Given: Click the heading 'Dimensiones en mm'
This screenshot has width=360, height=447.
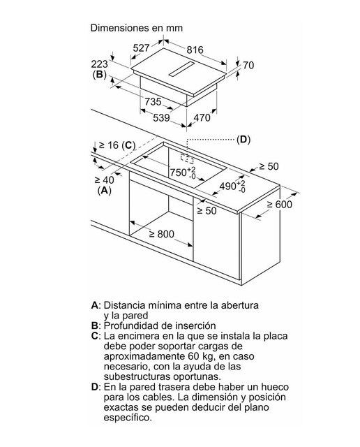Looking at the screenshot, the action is coord(137,28).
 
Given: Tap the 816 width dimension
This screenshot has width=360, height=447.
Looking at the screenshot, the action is coord(195,50).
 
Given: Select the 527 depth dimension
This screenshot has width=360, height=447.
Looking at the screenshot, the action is coord(141,48).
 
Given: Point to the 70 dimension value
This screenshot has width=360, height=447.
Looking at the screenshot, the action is coord(248,65).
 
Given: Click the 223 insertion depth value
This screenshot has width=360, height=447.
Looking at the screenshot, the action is coord(100,64).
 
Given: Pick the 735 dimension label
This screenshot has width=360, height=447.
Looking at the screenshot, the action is coord(153,101).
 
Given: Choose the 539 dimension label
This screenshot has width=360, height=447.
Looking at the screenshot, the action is coord(161,118).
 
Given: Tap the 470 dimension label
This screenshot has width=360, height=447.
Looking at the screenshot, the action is coord(202,117).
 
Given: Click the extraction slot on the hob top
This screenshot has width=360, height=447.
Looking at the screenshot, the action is coord(181,69).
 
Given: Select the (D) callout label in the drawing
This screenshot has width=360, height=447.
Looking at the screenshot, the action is coord(243,140).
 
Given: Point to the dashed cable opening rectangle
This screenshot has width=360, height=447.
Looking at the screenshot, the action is coord(187,159).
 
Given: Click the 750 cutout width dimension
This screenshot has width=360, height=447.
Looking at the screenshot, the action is coord(183,173).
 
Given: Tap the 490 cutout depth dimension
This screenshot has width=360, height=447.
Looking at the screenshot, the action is coord(232,186).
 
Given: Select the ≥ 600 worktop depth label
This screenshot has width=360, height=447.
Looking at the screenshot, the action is coord(279,205).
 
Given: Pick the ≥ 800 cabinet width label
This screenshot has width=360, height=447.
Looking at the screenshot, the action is coord(161,234).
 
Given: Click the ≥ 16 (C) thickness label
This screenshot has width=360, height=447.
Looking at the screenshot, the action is coord(117,145).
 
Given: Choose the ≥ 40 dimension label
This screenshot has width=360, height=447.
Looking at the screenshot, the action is coord(104,180).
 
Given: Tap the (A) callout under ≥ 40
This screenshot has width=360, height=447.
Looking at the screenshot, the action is coord(104,190).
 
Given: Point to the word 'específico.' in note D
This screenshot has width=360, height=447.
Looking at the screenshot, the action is coord(128,418).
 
